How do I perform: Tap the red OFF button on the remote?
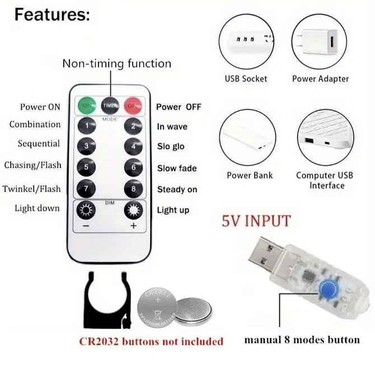tap(133, 105)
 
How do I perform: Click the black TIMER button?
tap(110, 105)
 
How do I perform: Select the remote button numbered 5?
tap(86, 167)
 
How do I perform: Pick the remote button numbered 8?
tap(133, 189)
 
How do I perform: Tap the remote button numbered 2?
tap(133, 126)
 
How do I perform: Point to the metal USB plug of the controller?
tap(266, 255)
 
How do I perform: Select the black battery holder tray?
tap(107, 301)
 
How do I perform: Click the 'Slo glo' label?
tap(171, 146)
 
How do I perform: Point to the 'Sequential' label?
tap(39, 143)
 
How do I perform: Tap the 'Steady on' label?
tap(177, 189)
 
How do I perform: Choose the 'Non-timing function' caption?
tap(117, 64)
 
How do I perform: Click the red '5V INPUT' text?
tap(256, 221)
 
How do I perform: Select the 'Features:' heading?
tap(52, 15)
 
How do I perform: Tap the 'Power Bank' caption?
tap(250, 175)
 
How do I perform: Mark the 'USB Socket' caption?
tap(246, 79)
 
